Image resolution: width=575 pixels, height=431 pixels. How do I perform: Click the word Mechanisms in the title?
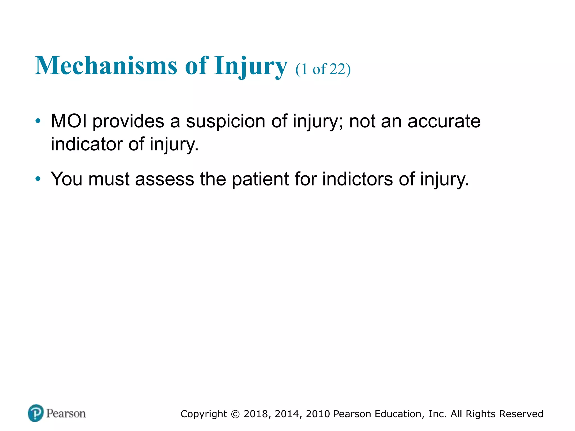click(x=106, y=66)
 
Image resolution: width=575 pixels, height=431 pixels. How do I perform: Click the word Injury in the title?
click(x=251, y=66)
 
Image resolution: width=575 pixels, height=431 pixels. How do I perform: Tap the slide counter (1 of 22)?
click(x=323, y=69)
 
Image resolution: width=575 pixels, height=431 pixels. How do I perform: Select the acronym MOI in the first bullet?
click(x=69, y=121)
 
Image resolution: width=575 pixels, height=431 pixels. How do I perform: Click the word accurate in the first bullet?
click(x=444, y=121)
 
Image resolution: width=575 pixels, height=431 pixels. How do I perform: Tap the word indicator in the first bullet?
click(x=87, y=144)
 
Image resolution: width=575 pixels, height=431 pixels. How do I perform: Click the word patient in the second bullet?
click(x=260, y=179)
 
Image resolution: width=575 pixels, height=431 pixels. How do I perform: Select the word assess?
click(x=165, y=179)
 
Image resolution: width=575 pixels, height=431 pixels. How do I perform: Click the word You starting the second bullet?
click(x=67, y=179)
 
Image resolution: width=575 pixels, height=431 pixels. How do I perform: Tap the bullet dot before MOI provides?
click(x=38, y=121)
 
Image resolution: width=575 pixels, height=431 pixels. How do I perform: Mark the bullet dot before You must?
click(x=38, y=179)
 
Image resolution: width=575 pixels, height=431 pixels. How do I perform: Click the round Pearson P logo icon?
click(x=36, y=413)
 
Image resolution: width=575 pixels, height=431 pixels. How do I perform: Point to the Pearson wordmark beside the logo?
click(x=66, y=413)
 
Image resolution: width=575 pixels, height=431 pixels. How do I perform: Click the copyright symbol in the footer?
click(x=235, y=414)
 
